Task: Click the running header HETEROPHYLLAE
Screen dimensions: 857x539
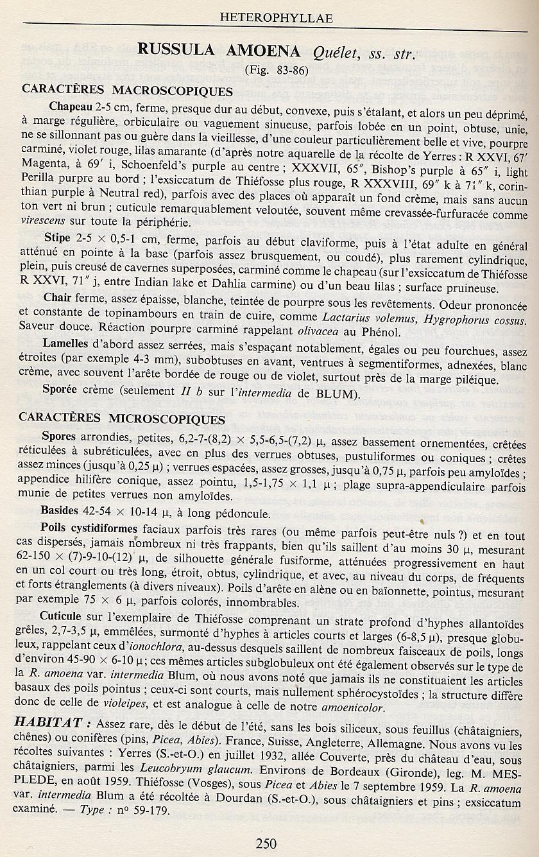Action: click(x=276, y=18)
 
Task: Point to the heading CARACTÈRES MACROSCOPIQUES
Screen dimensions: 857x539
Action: click(x=127, y=90)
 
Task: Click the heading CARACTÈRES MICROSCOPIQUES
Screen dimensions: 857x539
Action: click(x=122, y=419)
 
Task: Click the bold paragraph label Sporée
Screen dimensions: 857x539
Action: click(x=59, y=389)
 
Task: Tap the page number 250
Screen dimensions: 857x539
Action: click(x=266, y=843)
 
